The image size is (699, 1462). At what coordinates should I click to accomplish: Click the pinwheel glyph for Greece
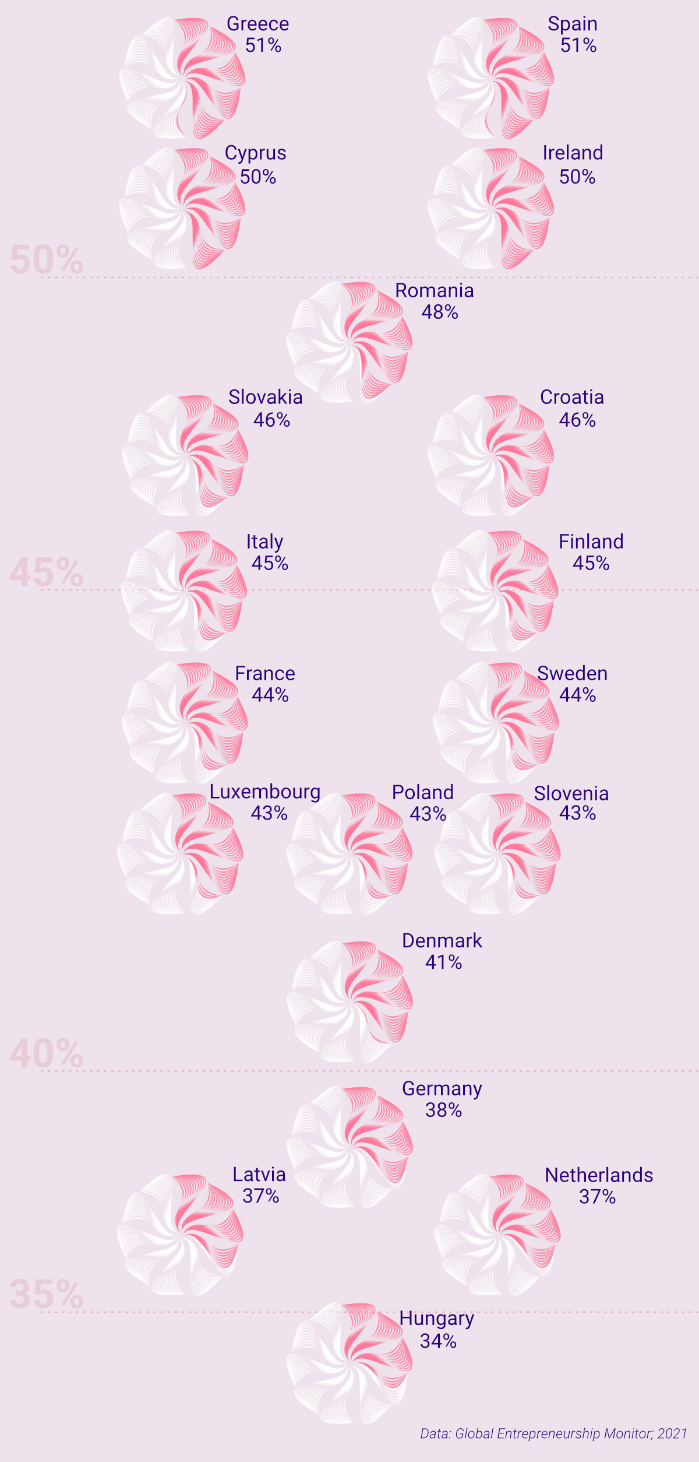[x=182, y=78]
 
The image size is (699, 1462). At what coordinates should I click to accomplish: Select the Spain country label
[x=573, y=24]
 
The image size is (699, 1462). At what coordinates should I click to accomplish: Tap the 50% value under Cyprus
[x=258, y=177]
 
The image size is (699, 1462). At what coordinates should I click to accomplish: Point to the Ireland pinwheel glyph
[x=491, y=208]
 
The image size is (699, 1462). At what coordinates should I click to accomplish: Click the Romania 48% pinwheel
[x=349, y=342]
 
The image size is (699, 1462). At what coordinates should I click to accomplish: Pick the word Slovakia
[x=266, y=397]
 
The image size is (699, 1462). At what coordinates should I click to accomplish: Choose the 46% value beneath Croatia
[x=577, y=420]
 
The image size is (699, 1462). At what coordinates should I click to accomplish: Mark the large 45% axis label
[x=47, y=572]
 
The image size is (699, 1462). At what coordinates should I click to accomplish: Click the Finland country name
[x=591, y=542]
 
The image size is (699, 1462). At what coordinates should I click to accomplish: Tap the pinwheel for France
[x=185, y=722]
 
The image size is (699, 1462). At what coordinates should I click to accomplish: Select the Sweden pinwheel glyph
[x=496, y=722]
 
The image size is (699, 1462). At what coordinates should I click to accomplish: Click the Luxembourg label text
[x=265, y=792]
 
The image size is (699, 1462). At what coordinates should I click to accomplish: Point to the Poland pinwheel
[x=349, y=853]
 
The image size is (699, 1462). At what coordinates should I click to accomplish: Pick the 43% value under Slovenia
[x=577, y=813]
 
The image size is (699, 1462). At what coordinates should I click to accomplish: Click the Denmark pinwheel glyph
[x=349, y=1001]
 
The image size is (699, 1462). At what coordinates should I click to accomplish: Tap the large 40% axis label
[x=47, y=1054]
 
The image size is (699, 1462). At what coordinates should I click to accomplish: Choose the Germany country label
[x=442, y=1088]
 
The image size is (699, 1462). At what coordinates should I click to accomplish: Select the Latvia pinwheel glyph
[x=180, y=1235]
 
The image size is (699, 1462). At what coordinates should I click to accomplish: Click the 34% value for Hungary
[x=438, y=1341]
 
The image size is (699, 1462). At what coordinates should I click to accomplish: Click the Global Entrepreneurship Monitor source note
[x=553, y=1433]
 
